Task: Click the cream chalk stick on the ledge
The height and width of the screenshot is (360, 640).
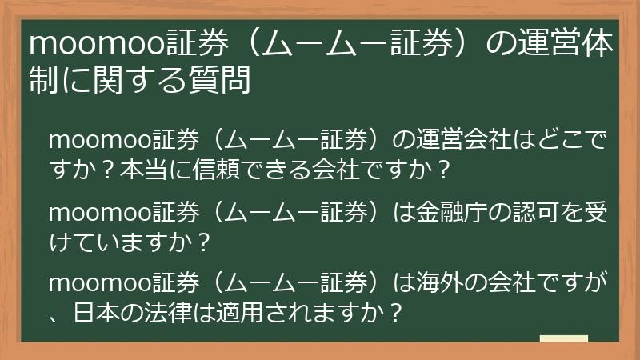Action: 563,340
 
